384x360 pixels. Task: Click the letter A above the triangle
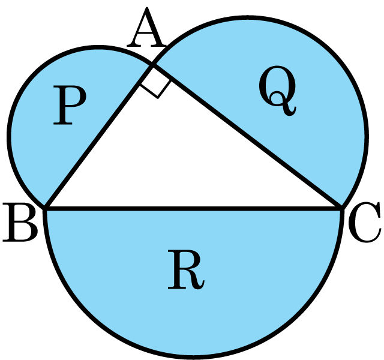[x=146, y=28]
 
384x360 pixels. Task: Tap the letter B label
[x=20, y=222]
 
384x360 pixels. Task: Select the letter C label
[x=364, y=223]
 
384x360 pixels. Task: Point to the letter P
[x=70, y=106]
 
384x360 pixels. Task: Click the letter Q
[x=278, y=90]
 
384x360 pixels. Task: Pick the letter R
[x=185, y=270]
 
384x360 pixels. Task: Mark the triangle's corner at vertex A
[x=152, y=65]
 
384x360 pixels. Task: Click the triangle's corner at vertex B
[x=46, y=208]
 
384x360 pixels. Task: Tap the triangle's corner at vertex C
[x=341, y=208]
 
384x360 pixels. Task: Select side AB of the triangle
[x=99, y=136]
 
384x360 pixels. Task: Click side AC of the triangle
[x=247, y=136]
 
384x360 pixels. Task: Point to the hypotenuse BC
[x=194, y=208]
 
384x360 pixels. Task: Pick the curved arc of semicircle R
[x=193, y=356]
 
